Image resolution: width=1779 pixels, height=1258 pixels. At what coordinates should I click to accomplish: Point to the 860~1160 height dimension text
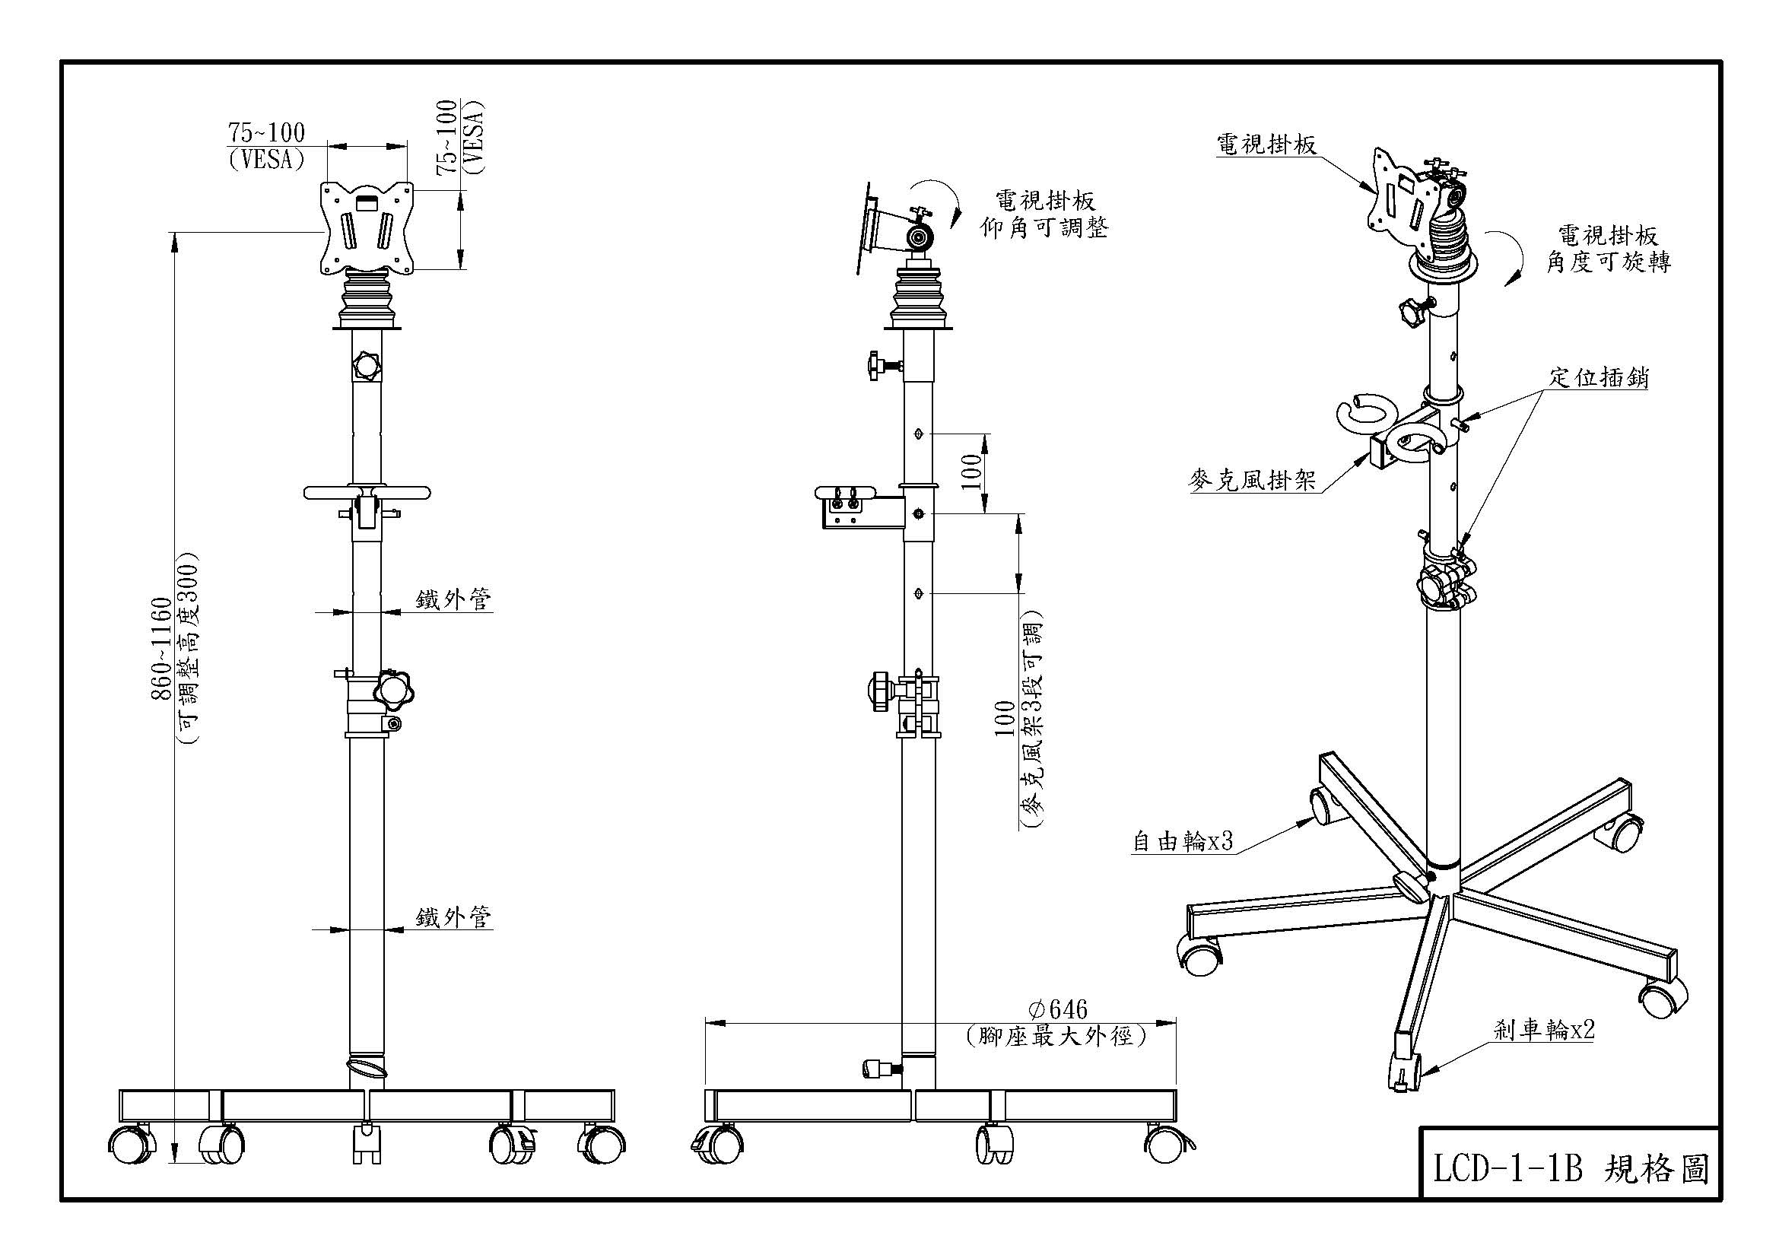[x=160, y=647]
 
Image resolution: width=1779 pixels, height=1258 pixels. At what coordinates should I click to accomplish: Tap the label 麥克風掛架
[x=1252, y=481]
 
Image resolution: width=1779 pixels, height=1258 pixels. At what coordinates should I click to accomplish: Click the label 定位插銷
[x=1599, y=377]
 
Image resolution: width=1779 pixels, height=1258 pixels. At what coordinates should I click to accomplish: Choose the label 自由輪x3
[x=1183, y=841]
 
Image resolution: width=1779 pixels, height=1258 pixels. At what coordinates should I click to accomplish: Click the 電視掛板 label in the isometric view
[x=1266, y=144]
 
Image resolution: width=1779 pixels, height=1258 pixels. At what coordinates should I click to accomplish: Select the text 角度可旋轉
[x=1609, y=262]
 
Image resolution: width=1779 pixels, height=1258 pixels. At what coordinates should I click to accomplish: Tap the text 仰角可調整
[x=1044, y=227]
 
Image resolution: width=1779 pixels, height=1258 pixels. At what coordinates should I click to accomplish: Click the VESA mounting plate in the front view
[x=367, y=226]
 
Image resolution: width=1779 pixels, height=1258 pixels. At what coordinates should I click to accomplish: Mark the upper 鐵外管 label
[x=453, y=599]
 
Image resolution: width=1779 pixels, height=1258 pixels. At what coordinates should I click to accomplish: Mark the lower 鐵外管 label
[x=453, y=918]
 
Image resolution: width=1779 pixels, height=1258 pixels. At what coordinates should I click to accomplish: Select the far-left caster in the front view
[x=129, y=1145]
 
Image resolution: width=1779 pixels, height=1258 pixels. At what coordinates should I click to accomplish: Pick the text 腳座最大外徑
[x=1056, y=1036]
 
